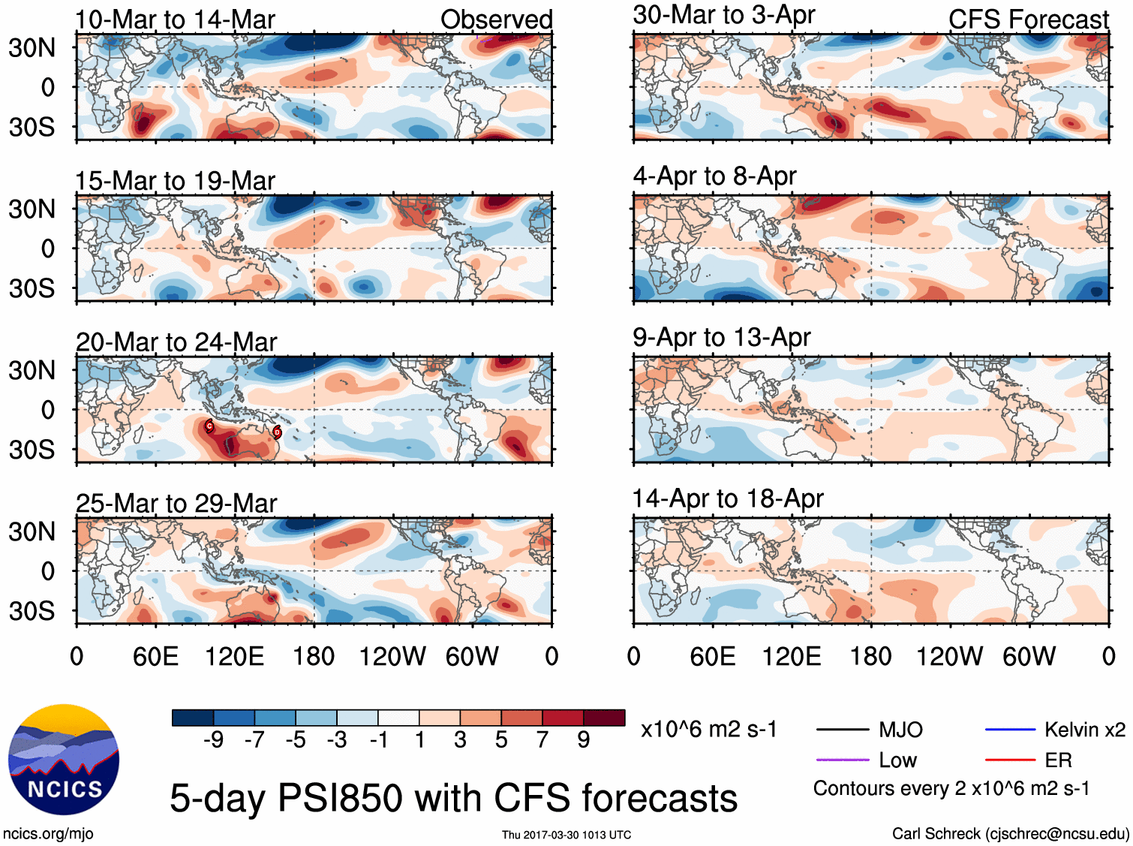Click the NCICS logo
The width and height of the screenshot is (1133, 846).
[x=63, y=759]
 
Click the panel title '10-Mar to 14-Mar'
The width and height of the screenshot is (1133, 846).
[x=175, y=20]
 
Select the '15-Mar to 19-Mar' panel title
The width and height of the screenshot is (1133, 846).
[x=175, y=181]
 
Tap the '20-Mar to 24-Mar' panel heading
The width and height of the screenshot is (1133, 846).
[x=176, y=342]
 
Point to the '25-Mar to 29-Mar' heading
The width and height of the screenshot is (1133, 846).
[x=176, y=504]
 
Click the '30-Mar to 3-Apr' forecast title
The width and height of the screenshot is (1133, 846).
[x=724, y=15]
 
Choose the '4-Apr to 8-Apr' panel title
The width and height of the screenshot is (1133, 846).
[x=714, y=176]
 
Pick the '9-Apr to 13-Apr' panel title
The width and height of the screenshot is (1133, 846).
[x=722, y=338]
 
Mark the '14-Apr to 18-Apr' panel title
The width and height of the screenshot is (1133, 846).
[x=728, y=499]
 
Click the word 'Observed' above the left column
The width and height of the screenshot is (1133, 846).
[x=496, y=20]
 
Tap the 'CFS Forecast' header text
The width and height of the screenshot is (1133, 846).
[x=1028, y=20]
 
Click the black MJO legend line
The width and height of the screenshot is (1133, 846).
[x=842, y=729]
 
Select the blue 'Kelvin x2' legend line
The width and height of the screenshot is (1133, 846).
[x=1010, y=729]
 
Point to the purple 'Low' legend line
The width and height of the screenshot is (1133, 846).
[x=842, y=760]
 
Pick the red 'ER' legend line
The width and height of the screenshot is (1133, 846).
[x=1010, y=760]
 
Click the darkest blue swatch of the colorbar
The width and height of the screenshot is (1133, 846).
[x=192, y=718]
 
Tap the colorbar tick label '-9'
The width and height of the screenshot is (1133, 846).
[x=214, y=740]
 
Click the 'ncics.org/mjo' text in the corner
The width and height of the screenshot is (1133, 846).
[x=48, y=833]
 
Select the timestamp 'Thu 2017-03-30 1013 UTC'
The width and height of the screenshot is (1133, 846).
[x=566, y=835]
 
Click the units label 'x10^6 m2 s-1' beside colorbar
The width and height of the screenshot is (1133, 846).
[x=708, y=730]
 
